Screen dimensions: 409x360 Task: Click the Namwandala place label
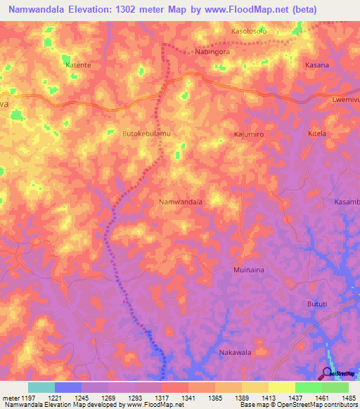pos(181,202)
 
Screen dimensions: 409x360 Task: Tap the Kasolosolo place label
pos(250,32)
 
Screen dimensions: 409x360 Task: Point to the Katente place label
pos(78,65)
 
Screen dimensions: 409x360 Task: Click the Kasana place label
pos(316,65)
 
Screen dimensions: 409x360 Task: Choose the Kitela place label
pos(318,133)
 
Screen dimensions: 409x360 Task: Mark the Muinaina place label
pos(247,269)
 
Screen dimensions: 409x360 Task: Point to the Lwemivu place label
pos(345,100)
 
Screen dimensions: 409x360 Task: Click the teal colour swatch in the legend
pos(41,387)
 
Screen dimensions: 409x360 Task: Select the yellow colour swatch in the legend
pos(281,387)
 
